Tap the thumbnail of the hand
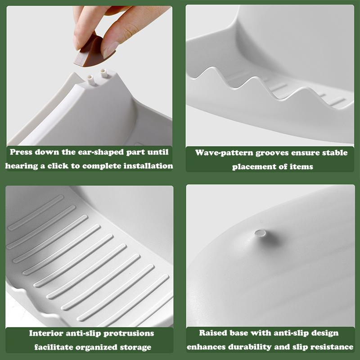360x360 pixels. pos(110,49)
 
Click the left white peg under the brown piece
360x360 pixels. pos(90,80)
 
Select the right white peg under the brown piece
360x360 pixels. pos(103,73)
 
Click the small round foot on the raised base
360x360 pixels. pos(260,233)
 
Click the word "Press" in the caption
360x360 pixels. pos(21,152)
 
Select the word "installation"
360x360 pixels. pos(148,166)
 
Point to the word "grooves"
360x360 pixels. pos(272,153)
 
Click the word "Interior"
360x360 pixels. pos(46,333)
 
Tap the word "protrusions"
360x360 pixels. pos(129,333)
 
